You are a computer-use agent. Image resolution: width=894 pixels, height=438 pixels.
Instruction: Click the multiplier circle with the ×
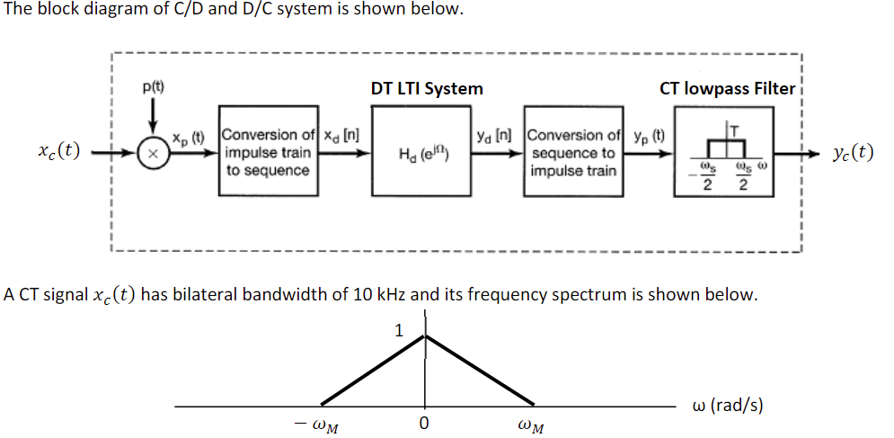point(154,154)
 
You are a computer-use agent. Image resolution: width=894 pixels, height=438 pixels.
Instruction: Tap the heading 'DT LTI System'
point(427,88)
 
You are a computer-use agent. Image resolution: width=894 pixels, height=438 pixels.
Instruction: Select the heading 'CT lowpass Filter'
point(728,88)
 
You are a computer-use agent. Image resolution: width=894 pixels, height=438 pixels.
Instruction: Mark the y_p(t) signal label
point(649,137)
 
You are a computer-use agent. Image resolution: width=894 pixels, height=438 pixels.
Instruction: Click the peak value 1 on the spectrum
point(399,331)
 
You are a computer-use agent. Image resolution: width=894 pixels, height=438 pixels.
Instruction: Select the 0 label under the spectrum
point(425,422)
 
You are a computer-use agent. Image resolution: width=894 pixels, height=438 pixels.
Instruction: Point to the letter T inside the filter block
point(737,131)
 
